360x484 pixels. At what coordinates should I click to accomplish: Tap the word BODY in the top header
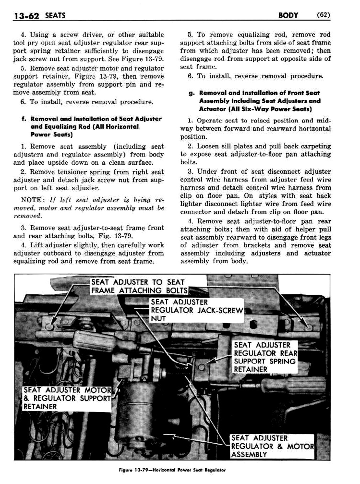(x=288, y=15)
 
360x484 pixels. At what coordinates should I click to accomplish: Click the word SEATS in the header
(x=55, y=15)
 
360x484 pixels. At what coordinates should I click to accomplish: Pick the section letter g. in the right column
(x=191, y=93)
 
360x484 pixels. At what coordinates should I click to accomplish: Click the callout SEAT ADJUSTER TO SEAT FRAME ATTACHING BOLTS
(x=139, y=286)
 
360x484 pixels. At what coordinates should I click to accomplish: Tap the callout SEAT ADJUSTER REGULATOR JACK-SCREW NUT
(x=196, y=310)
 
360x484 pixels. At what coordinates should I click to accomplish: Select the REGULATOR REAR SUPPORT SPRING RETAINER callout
(x=265, y=357)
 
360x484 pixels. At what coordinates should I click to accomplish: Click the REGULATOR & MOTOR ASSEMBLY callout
(x=272, y=446)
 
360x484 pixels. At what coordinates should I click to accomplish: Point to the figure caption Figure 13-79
(x=172, y=470)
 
